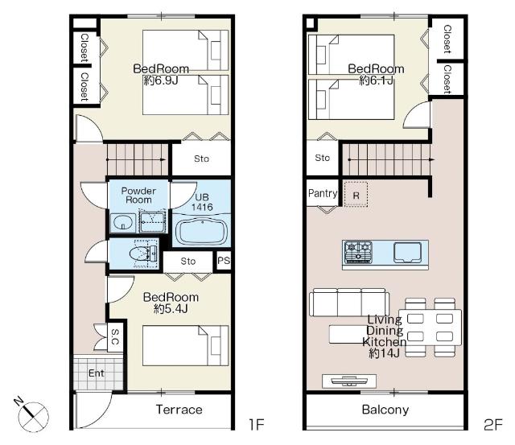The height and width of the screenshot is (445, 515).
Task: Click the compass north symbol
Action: point(33,415)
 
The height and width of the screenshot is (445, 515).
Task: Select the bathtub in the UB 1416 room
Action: point(201,232)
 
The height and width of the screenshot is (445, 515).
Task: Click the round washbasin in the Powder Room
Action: point(123,224)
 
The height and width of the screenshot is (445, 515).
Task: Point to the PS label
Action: point(224,261)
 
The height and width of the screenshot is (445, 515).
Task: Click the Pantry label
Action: point(323,193)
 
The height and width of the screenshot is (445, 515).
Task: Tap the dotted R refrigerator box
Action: point(356,195)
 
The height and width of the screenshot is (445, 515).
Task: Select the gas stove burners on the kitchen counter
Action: point(358,252)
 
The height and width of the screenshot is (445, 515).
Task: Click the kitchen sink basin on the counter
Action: point(407,252)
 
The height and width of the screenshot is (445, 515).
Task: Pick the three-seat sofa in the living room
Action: point(349,302)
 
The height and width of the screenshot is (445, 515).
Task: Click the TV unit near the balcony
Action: point(349,381)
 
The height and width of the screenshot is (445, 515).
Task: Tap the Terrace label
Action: point(179,410)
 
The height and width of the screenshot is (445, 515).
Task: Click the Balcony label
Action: point(385,410)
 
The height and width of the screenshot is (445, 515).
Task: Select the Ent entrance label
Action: point(97,373)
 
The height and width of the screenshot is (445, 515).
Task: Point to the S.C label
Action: point(115,337)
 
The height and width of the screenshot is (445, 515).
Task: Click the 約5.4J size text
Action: point(171,309)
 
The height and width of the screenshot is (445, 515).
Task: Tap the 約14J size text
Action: point(385,353)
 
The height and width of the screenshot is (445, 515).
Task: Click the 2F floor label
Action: point(493,425)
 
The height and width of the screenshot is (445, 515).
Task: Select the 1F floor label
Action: point(257,425)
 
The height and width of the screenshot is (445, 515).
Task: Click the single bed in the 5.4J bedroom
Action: point(186,345)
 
